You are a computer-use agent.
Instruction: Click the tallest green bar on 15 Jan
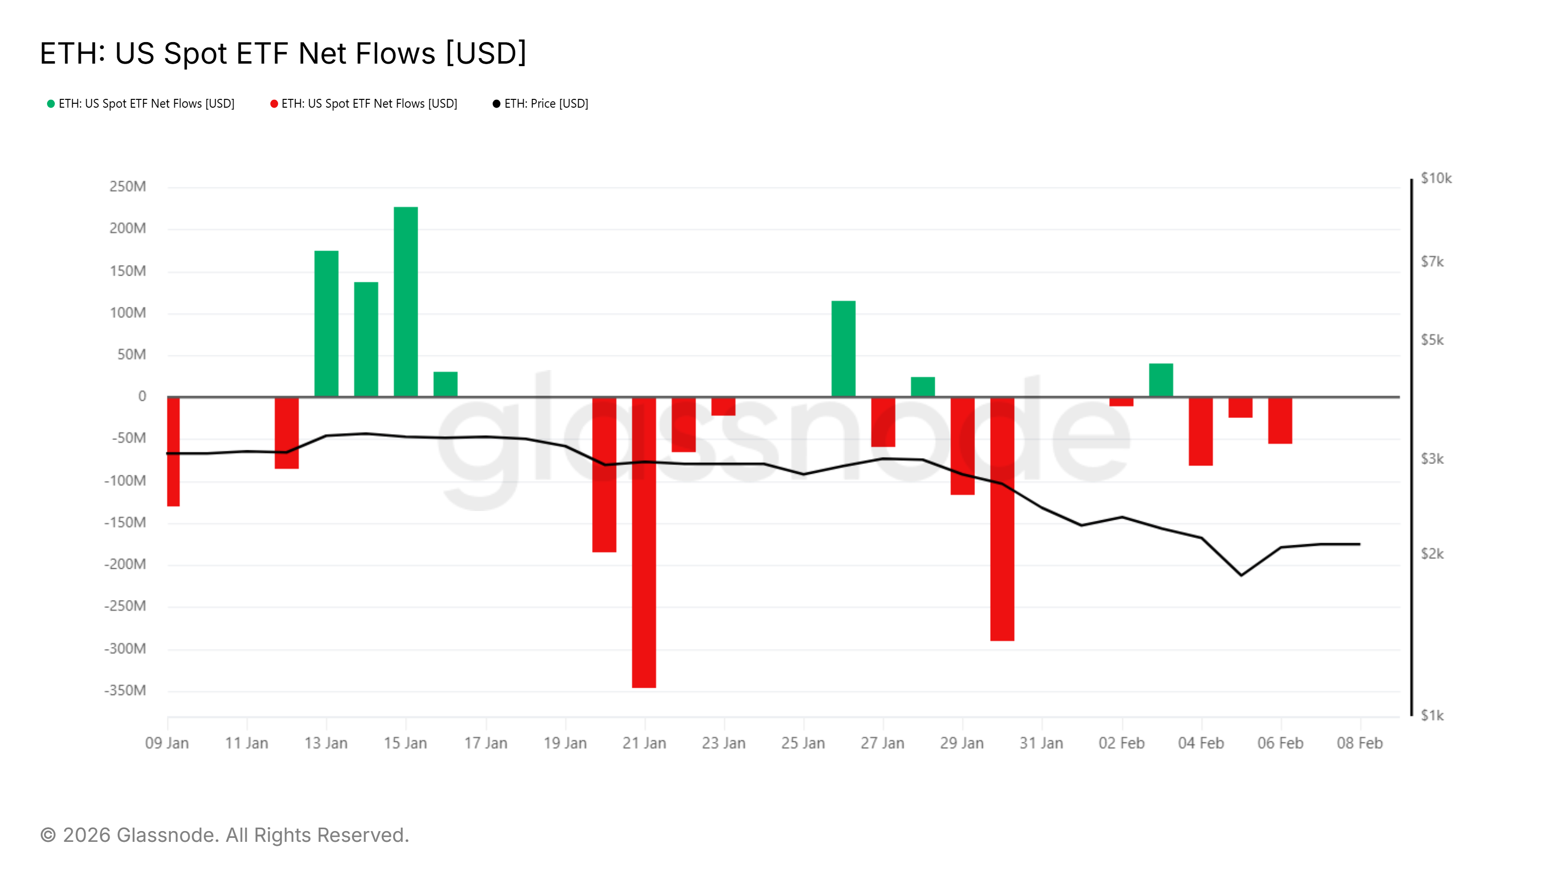[x=406, y=301]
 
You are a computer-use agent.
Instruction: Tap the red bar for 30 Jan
[x=1002, y=519]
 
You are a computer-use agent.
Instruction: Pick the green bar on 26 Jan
[x=843, y=348]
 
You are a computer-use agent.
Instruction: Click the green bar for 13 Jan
[x=326, y=324]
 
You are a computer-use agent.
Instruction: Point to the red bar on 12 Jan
[x=286, y=433]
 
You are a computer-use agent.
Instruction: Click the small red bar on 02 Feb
[x=1121, y=402]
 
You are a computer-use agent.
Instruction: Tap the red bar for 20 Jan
[x=604, y=474]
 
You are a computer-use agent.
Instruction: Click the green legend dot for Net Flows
[x=51, y=104]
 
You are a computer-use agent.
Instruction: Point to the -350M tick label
[x=125, y=691]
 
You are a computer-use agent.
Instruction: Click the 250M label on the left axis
[x=128, y=186]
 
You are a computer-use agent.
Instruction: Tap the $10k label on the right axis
[x=1436, y=178]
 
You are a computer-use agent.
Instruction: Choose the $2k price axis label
[x=1432, y=554]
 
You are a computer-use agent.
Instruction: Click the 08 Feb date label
[x=1359, y=743]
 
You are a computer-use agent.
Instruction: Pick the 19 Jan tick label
[x=565, y=743]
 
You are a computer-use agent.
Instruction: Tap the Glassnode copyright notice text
[x=224, y=835]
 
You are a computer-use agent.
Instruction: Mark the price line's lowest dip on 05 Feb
[x=1241, y=575]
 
